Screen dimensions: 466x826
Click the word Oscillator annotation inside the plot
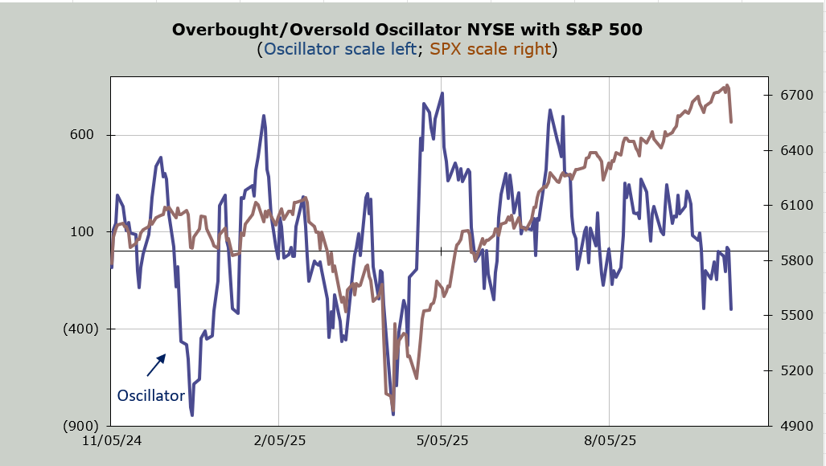[151, 395]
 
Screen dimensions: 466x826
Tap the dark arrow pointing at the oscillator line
[156, 365]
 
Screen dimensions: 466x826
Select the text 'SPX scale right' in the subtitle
[491, 50]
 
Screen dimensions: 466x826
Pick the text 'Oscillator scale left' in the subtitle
[339, 50]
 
